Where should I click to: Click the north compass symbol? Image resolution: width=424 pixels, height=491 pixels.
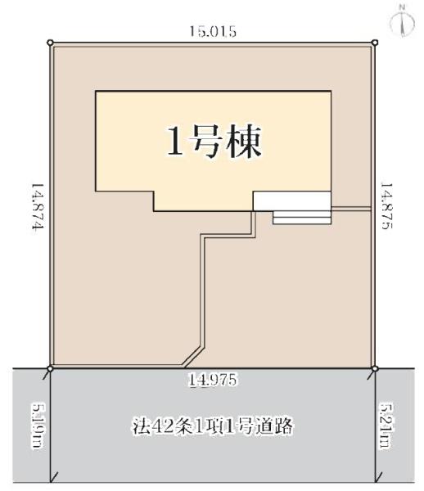click(x=402, y=25)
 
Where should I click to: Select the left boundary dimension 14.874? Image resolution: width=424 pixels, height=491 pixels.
click(x=37, y=208)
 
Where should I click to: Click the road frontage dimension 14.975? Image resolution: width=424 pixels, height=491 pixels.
click(x=212, y=379)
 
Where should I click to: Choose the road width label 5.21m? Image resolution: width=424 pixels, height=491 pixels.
click(x=387, y=426)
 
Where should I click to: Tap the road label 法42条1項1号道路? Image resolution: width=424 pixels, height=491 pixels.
click(x=212, y=426)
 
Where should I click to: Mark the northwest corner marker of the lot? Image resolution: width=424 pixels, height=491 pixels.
click(x=51, y=43)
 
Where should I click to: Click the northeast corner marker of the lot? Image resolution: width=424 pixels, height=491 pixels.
click(x=375, y=43)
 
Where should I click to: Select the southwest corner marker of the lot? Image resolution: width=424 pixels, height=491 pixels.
click(x=51, y=368)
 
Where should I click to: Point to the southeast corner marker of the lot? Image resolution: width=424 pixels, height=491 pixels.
click(x=375, y=368)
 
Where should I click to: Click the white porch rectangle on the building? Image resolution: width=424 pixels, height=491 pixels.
click(x=291, y=200)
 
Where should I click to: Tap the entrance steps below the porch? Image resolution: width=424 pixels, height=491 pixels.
click(x=302, y=217)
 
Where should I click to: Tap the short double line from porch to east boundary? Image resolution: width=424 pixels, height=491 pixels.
click(x=352, y=208)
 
